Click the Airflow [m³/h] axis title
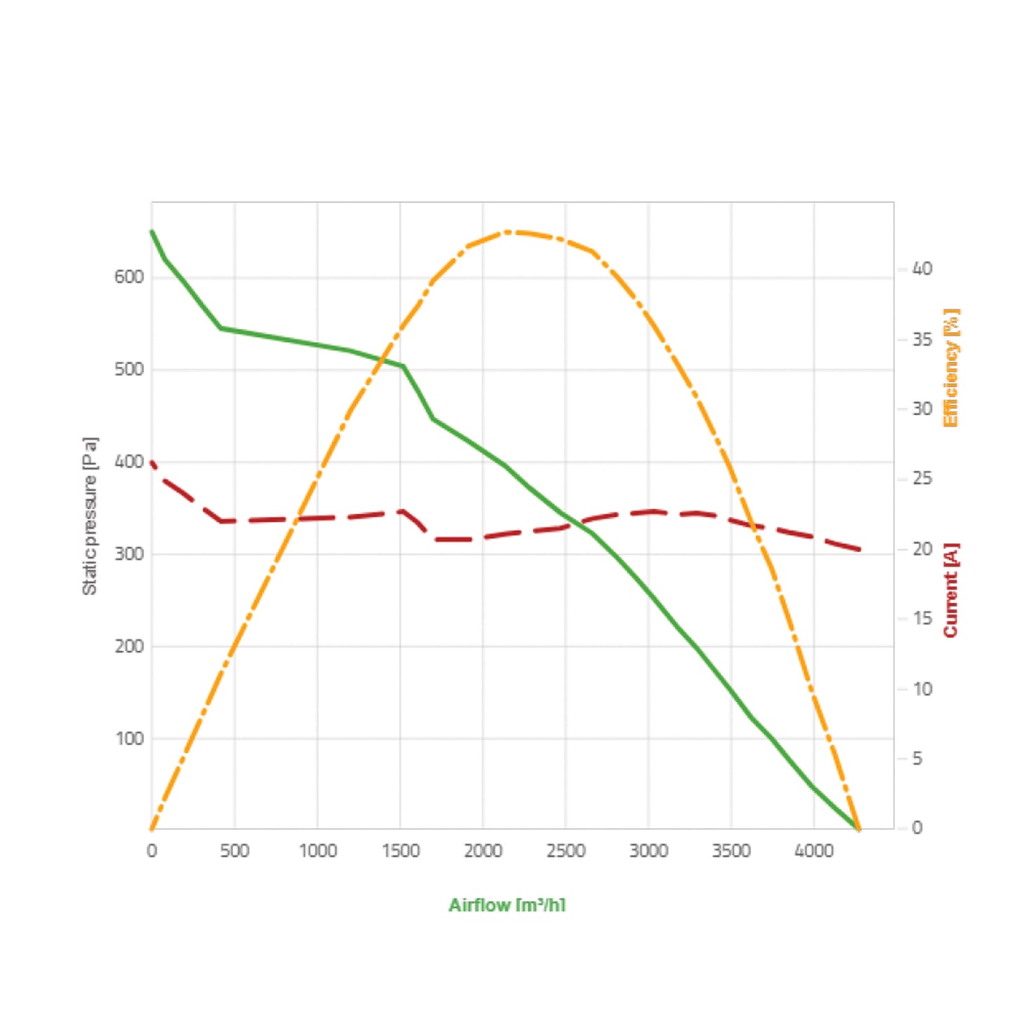coord(506,905)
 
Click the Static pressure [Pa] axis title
coord(90,516)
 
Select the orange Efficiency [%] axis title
coord(950,367)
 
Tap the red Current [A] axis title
coord(950,590)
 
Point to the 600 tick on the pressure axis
coord(129,277)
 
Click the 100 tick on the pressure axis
coord(129,738)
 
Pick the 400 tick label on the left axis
coord(129,461)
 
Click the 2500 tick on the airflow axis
coord(565,851)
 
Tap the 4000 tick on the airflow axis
coord(813,851)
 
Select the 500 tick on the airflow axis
coord(234,851)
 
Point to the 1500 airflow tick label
coord(400,851)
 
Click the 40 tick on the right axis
coord(922,269)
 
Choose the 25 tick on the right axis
coord(922,478)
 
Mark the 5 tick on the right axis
coord(917,759)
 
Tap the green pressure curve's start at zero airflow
coord(152,231)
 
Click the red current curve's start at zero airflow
coord(152,463)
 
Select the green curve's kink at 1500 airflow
coord(402,366)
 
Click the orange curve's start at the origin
coord(152,828)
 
